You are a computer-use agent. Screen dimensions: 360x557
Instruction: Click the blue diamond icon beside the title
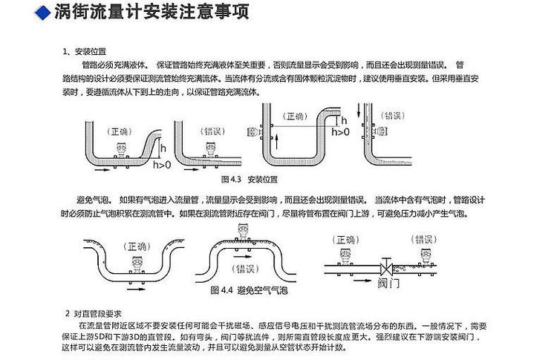44,13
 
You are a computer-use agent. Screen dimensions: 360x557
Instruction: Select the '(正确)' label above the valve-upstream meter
345,240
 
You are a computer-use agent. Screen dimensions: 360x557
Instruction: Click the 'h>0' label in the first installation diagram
161,164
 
